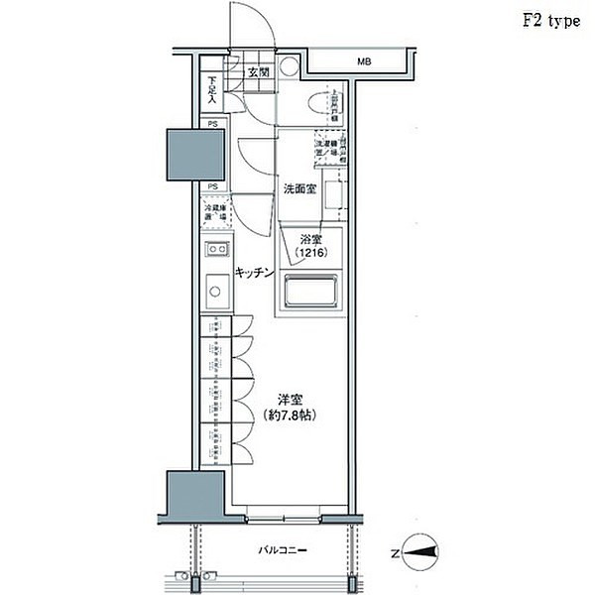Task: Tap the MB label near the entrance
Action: tap(365, 63)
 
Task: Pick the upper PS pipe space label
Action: tap(212, 124)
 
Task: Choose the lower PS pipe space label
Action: tap(212, 186)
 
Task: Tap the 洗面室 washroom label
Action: tap(299, 188)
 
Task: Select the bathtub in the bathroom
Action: tap(312, 294)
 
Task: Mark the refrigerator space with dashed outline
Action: tap(216, 213)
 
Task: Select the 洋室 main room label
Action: tap(290, 399)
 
